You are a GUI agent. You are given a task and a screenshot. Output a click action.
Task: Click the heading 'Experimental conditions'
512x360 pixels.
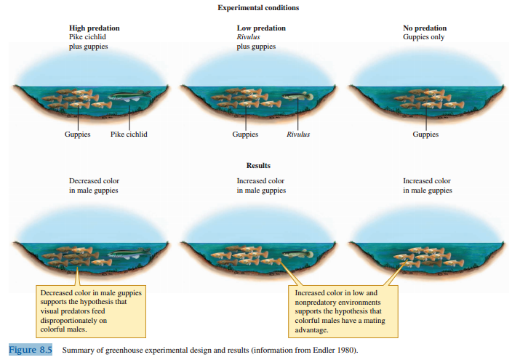(258, 8)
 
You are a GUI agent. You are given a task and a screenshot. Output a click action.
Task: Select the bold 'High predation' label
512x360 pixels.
(94, 28)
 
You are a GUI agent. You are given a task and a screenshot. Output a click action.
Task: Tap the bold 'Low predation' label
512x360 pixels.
(261, 28)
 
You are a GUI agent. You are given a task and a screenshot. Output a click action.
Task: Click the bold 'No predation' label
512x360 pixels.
(425, 28)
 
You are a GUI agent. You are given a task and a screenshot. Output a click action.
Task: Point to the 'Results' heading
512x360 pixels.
(258, 165)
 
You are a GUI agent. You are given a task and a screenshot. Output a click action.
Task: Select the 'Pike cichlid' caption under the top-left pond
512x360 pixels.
(129, 135)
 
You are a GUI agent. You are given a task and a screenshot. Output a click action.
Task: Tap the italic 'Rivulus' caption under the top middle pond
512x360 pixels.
(297, 135)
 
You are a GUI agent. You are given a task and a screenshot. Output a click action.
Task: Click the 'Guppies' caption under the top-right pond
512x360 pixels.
(425, 135)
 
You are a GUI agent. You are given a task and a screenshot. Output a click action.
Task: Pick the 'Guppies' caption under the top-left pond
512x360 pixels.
(77, 135)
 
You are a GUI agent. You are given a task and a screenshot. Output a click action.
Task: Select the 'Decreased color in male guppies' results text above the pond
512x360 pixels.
(94, 185)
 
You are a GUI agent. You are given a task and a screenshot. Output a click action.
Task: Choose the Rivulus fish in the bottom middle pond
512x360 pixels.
(296, 254)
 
